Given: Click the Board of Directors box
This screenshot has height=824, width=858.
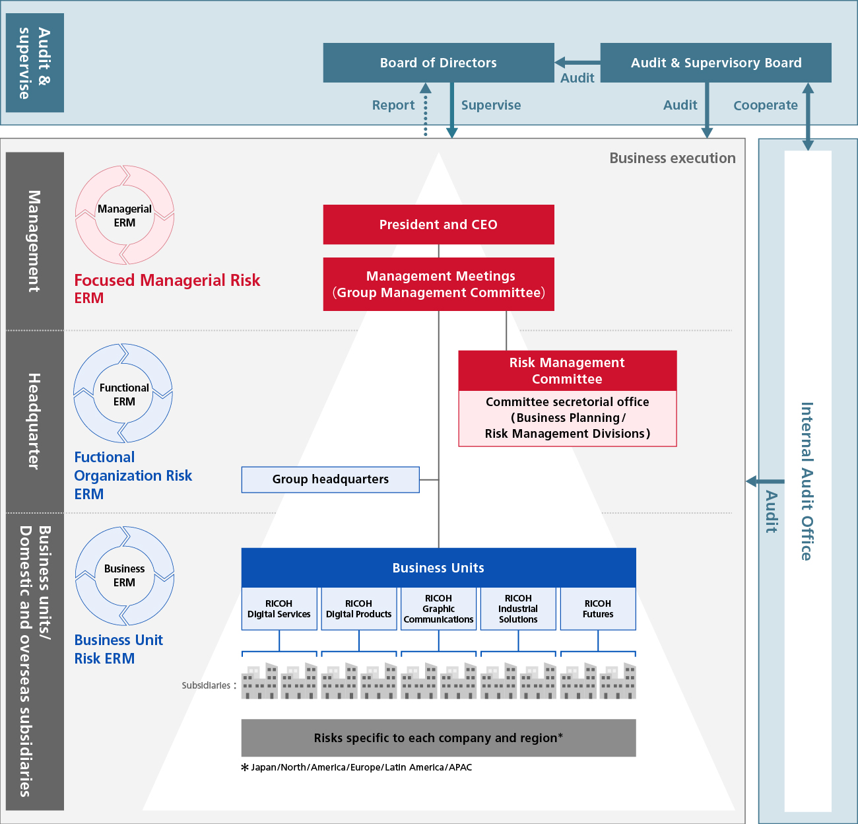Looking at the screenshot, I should [438, 63].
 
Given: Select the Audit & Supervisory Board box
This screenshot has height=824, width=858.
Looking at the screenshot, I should [715, 63].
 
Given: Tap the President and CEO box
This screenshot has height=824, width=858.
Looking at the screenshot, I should [438, 224].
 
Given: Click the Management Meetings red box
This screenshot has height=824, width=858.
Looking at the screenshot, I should [438, 284].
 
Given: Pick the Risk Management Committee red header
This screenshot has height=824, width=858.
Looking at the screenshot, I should [567, 370].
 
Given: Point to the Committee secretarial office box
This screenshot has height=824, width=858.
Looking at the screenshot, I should [567, 418].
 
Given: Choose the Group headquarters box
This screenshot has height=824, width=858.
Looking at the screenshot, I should [330, 479].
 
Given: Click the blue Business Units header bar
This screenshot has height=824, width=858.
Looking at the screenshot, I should [438, 568].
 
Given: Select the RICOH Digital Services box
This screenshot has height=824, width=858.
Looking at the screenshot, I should [279, 609].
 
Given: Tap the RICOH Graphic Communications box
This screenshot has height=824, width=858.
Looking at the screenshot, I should [438, 609].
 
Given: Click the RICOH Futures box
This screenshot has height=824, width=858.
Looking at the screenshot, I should [598, 609].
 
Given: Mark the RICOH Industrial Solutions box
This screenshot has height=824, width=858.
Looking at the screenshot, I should [518, 609].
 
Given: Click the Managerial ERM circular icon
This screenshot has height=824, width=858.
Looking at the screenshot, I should [125, 215].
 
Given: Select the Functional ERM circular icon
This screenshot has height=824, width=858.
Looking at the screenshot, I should [123, 394].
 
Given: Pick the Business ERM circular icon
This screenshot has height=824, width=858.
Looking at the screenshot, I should [125, 576].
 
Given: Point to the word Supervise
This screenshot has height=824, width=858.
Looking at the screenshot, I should [491, 105].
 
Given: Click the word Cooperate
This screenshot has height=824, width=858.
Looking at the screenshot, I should [766, 105].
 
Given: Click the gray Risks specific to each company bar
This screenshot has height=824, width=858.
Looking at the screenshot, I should [438, 738].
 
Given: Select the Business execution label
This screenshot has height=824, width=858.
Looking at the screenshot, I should [672, 158].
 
